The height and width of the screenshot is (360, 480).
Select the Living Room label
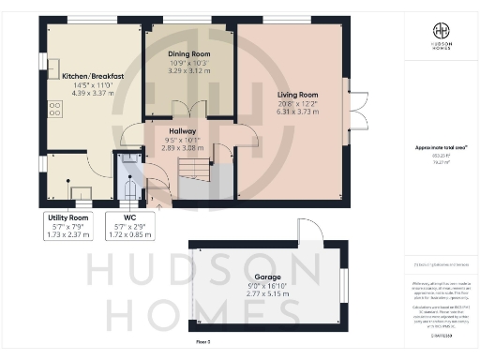click(296, 95)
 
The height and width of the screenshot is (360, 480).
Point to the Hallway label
click(182, 132)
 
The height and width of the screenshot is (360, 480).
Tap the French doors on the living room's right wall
click(352, 106)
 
